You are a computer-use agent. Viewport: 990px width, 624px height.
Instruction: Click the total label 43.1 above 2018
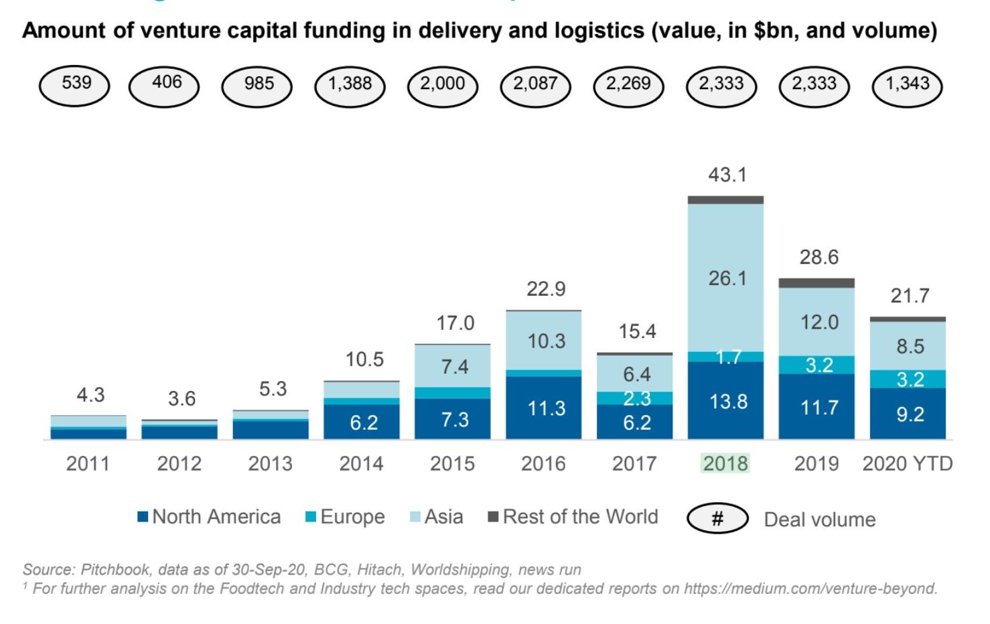pos(727,175)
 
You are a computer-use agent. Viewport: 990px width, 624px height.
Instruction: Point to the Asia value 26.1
pos(727,279)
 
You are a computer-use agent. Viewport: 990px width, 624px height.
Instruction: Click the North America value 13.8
pos(728,402)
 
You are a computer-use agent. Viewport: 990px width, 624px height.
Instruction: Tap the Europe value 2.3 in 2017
pos(637,398)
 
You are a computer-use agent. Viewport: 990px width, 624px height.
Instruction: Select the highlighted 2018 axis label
pos(725,464)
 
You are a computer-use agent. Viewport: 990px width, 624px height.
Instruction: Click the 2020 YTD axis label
pos(908,464)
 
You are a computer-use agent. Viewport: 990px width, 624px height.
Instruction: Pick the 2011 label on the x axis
pos(88,464)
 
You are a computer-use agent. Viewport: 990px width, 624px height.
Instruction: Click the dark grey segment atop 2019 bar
pos(817,283)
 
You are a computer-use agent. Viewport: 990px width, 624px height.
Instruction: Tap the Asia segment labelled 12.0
pos(817,322)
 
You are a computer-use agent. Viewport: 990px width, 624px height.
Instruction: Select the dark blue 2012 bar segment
pos(180,433)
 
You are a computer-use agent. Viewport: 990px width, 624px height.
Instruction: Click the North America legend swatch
pos(143,517)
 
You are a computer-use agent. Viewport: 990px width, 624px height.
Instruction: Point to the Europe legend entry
pos(345,517)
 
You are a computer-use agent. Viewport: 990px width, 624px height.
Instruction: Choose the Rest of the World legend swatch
pos(493,516)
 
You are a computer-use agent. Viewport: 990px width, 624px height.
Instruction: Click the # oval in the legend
pos(718,518)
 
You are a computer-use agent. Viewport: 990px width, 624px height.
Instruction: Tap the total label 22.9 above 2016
pos(546,289)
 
